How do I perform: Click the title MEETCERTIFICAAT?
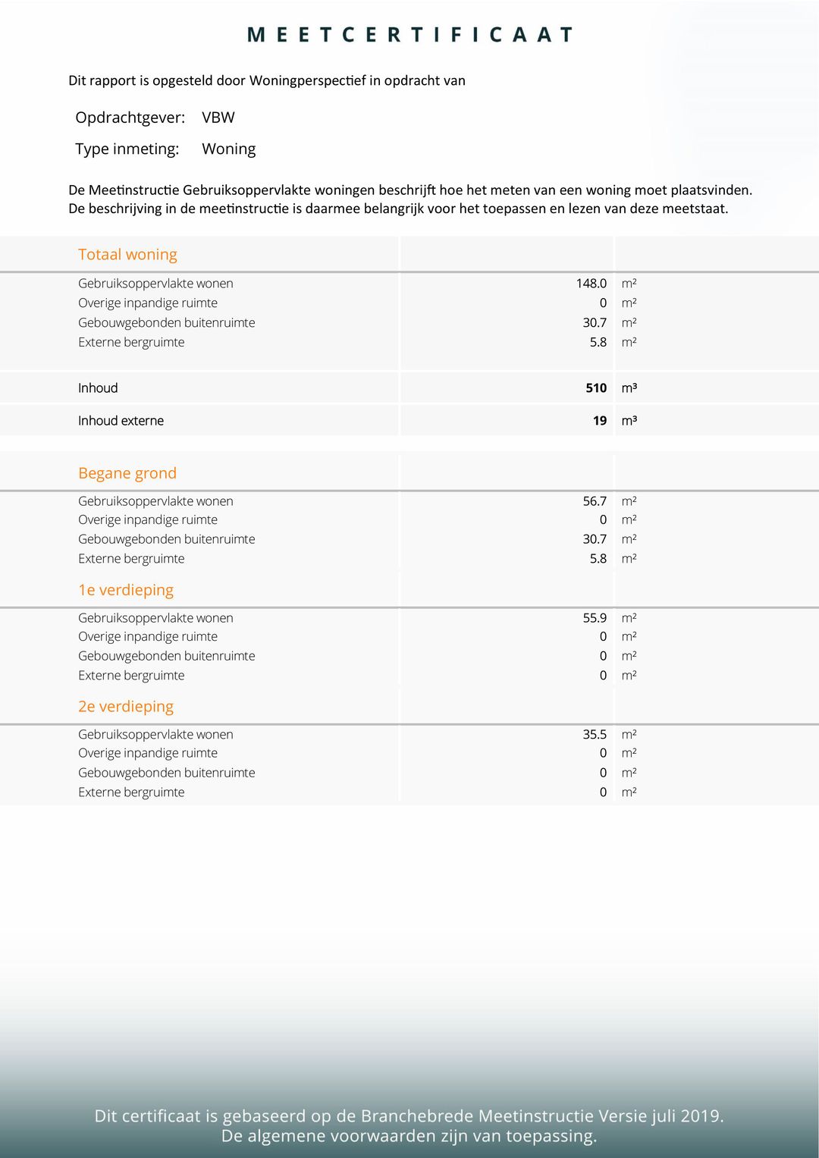coord(409,35)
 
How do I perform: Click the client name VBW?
coord(218,118)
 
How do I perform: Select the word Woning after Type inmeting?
coord(228,149)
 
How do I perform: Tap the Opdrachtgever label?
coord(130,118)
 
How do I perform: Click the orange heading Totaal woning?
coord(127,255)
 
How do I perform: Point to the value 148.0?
coord(591,284)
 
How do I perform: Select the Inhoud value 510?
coord(596,388)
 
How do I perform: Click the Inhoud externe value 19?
coord(600,421)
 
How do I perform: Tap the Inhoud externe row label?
coord(121,421)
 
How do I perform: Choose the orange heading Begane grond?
coord(127,473)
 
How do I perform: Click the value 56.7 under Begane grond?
coord(595,501)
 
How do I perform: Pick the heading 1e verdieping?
coord(126,590)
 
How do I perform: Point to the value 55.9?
coord(595,618)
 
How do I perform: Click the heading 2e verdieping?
coord(126,707)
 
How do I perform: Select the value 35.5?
coord(595,735)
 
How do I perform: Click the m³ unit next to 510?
coord(629,388)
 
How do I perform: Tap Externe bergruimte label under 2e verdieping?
coord(131,792)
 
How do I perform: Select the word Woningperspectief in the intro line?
coord(307,81)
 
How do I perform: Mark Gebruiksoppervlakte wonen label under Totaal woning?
coord(155,284)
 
